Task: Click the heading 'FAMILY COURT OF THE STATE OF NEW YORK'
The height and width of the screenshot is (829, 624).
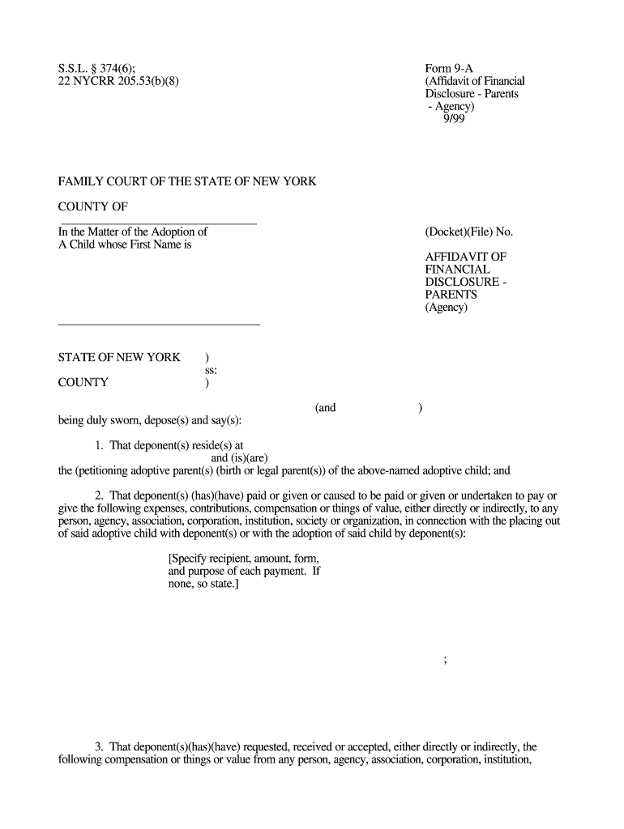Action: click(186, 182)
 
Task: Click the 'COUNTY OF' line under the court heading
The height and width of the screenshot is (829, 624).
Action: click(93, 207)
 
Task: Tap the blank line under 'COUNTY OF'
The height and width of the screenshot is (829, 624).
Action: click(159, 223)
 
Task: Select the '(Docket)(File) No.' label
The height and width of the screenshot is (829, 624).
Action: click(468, 232)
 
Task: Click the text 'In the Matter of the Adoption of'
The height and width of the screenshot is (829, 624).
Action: click(133, 232)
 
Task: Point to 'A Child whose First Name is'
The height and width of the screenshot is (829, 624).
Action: click(124, 244)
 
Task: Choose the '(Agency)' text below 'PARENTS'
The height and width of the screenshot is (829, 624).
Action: click(446, 308)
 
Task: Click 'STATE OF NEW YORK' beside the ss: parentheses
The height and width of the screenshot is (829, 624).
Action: click(119, 358)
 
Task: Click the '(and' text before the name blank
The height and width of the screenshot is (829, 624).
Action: click(325, 408)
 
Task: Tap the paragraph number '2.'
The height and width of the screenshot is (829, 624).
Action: click(101, 496)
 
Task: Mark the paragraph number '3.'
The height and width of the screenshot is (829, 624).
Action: click(101, 746)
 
